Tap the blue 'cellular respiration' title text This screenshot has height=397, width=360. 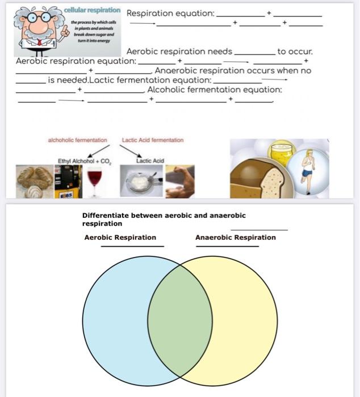[x=93, y=11]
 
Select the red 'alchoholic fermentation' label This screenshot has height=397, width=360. [x=77, y=140]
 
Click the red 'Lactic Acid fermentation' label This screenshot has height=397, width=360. [x=153, y=140]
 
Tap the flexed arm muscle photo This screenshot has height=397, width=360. [x=179, y=181]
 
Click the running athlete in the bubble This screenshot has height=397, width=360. [x=308, y=164]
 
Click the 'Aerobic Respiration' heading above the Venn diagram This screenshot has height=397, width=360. [x=120, y=238]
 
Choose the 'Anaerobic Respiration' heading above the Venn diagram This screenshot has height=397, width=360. [x=235, y=238]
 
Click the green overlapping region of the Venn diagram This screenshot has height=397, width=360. [x=180, y=321]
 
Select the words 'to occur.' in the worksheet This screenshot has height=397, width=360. [x=295, y=52]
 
